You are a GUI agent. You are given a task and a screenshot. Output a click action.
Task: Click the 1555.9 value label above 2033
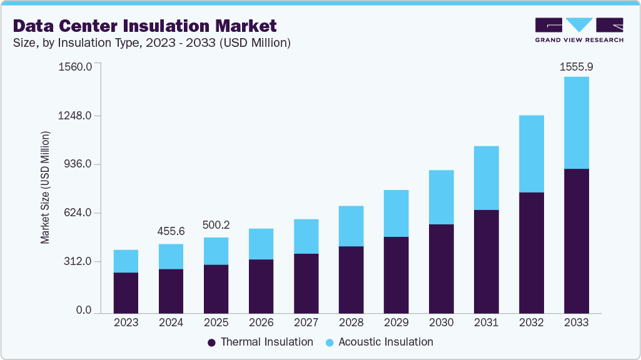[x=576, y=66]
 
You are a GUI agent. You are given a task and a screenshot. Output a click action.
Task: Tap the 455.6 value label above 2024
[x=171, y=232]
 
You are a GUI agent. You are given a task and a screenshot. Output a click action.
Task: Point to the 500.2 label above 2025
[x=216, y=225]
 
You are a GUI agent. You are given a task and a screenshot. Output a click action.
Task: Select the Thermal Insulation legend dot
[x=211, y=342]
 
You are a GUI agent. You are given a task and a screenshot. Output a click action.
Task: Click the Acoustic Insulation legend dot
[x=329, y=342]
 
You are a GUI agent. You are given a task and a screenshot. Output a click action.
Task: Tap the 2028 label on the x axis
[x=351, y=322]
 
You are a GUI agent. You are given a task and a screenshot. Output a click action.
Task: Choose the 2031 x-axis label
[x=486, y=322]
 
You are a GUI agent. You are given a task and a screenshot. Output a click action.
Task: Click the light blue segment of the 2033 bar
[x=576, y=122]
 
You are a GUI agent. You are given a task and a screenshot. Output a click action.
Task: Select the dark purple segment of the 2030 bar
[x=441, y=268]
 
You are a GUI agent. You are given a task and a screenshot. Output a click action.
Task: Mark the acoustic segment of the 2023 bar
[x=126, y=261]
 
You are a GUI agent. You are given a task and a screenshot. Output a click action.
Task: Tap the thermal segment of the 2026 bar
[x=261, y=286]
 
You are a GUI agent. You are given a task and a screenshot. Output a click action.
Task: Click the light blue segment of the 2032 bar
[x=531, y=154]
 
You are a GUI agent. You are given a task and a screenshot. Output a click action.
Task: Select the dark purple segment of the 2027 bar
[x=306, y=283]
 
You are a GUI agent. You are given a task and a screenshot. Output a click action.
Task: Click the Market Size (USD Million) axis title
[x=45, y=187]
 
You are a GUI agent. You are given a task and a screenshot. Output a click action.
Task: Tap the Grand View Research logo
[x=579, y=30]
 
